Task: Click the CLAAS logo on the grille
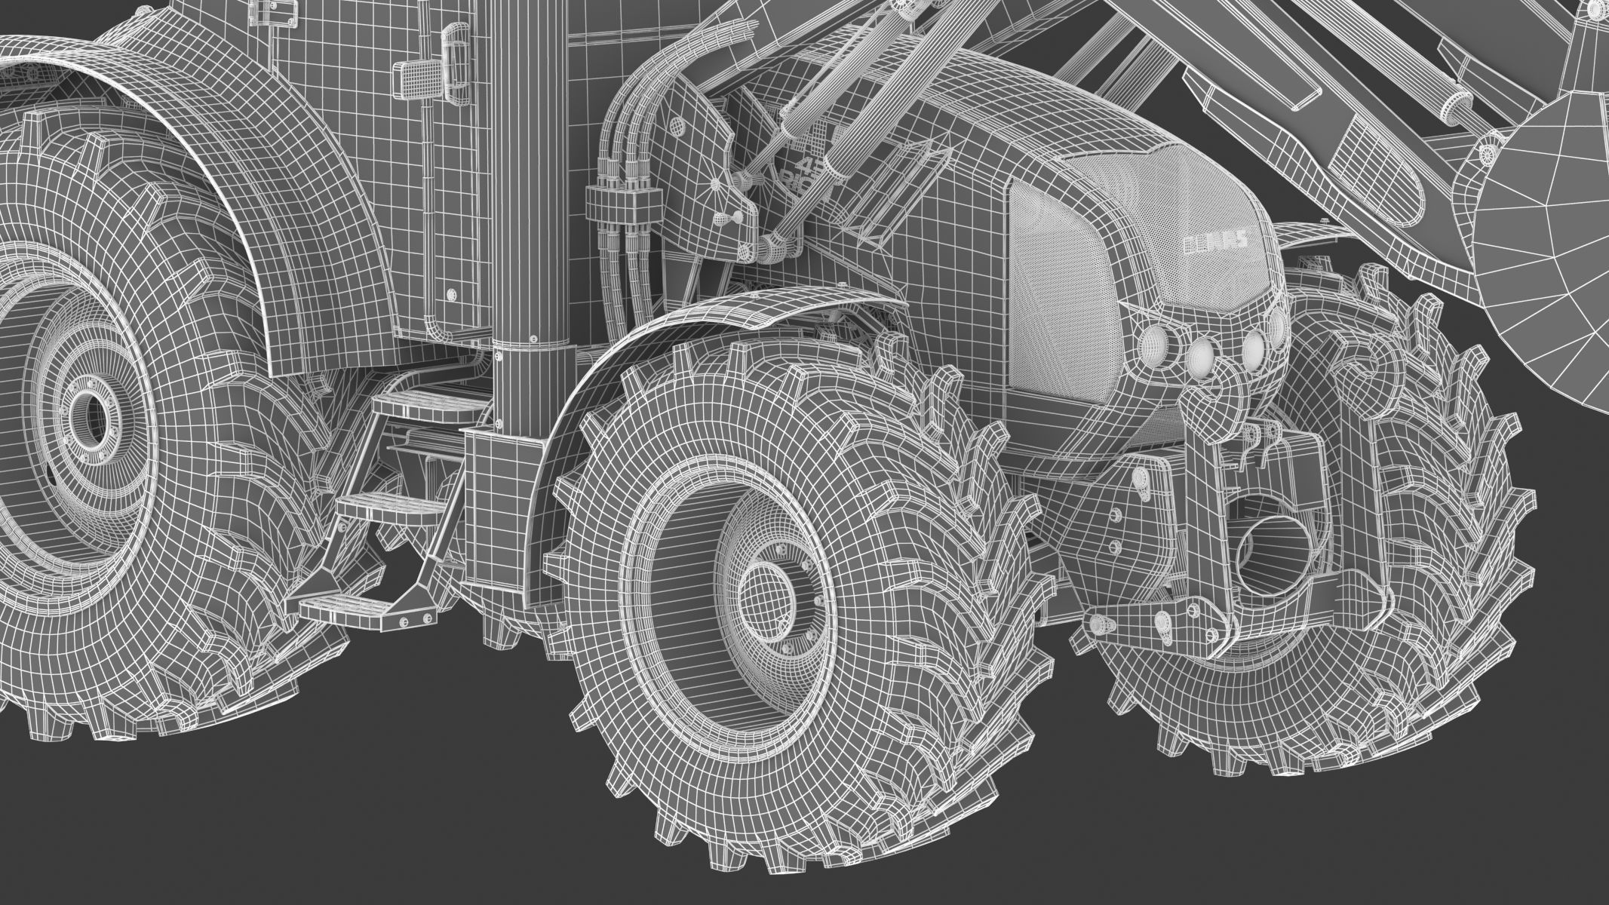tap(1214, 243)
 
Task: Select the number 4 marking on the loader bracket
tap(807, 167)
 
